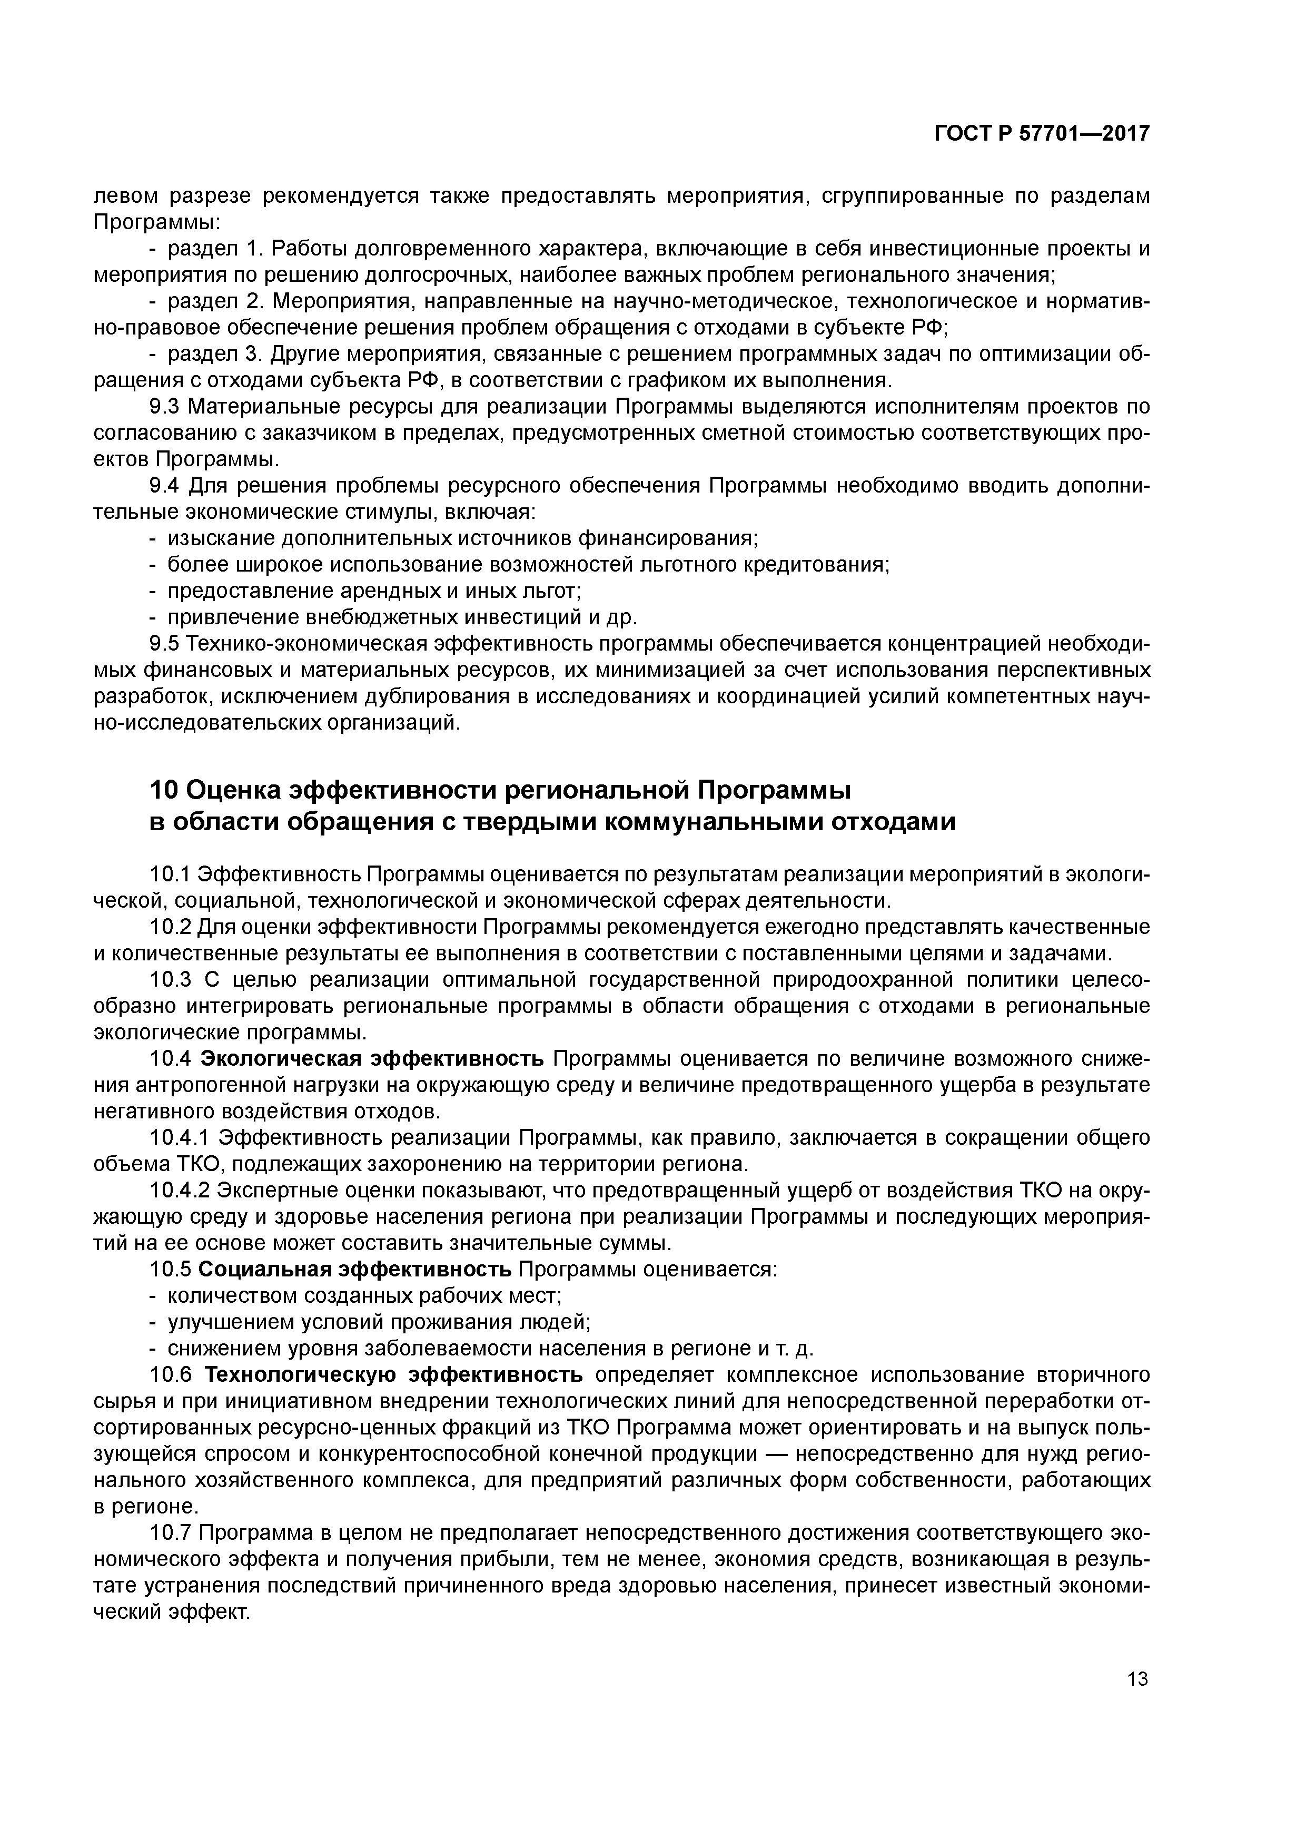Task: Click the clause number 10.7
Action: click(x=171, y=1532)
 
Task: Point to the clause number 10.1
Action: click(x=171, y=873)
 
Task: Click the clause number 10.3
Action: click(x=171, y=979)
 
